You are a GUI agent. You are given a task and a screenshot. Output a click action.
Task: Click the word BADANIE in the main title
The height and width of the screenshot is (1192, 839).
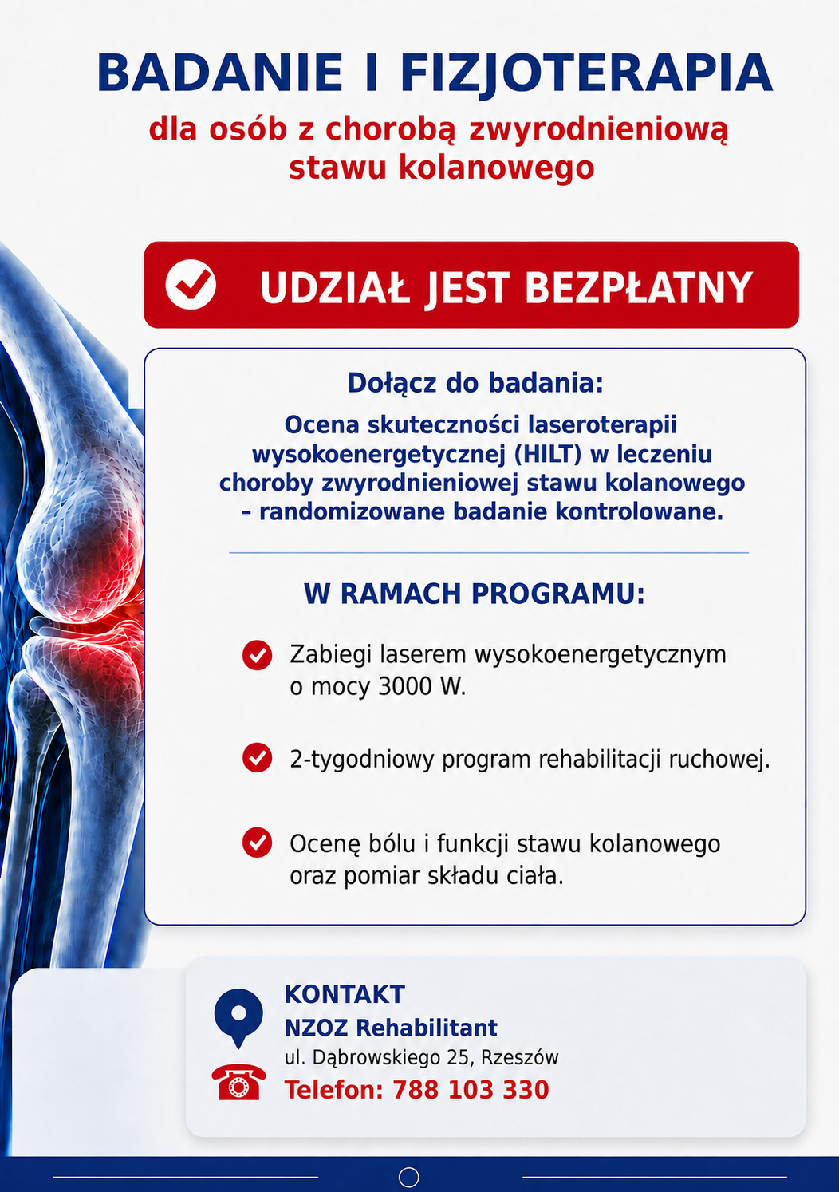click(220, 73)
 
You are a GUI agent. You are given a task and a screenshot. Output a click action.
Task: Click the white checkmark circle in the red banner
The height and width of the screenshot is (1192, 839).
click(191, 284)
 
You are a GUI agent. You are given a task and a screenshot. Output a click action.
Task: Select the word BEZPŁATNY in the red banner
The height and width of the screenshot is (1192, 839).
click(639, 288)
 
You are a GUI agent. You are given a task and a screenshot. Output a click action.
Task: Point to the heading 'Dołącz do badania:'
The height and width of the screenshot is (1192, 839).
click(475, 383)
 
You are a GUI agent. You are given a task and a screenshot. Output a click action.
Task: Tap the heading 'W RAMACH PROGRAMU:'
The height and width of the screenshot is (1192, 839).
click(474, 594)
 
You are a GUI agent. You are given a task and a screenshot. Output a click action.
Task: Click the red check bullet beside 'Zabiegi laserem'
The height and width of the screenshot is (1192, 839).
click(258, 654)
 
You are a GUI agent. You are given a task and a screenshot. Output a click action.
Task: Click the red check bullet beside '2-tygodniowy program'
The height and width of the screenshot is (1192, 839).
click(258, 757)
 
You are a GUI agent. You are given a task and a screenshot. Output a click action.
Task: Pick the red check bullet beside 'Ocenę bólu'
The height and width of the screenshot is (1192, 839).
click(258, 843)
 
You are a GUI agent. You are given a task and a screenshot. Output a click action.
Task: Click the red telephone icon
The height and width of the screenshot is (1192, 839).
click(239, 1082)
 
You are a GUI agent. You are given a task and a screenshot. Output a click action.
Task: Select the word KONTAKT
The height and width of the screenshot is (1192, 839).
click(345, 994)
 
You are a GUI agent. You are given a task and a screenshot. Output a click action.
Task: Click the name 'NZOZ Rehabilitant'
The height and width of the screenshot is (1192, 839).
click(391, 1028)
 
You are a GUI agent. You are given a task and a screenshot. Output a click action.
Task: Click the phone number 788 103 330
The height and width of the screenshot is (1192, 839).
click(471, 1089)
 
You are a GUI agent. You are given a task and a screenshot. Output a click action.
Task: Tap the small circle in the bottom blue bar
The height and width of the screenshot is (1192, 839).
click(408, 1177)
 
